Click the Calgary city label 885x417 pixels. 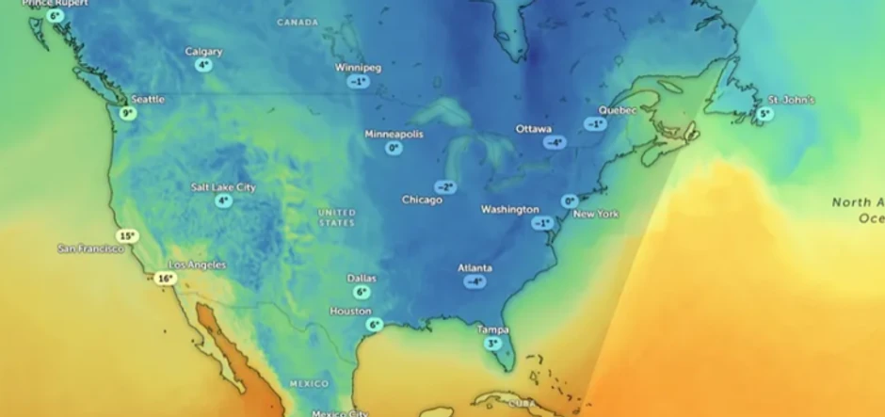203,52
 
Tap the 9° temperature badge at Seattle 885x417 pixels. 128,113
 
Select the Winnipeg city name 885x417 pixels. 358,68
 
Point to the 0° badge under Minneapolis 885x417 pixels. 394,148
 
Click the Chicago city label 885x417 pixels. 422,200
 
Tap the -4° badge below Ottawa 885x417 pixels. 555,142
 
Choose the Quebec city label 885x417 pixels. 618,110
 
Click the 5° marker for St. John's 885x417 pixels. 764,114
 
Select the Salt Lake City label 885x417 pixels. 223,187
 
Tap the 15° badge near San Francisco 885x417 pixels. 127,236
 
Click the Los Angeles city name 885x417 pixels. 197,265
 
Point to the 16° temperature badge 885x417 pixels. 166,279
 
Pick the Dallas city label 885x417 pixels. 362,279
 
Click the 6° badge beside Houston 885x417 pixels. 374,325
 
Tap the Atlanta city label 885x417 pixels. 475,268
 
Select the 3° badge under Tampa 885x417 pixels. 492,344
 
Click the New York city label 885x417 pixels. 596,215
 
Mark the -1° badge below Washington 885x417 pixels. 540,223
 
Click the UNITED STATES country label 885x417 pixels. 336,217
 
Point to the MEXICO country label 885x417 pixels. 309,384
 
